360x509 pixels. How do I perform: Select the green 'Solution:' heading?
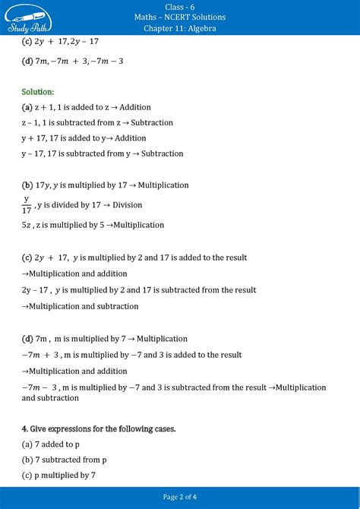pos(38,91)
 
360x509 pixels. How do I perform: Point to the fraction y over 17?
pos(27,205)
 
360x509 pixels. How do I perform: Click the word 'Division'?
pos(128,205)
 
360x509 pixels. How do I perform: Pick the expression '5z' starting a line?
pos(27,225)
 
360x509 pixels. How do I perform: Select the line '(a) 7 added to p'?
pos(51,444)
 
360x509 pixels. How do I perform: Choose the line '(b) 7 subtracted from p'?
pos(65,460)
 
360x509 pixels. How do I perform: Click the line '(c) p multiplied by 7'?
pos(59,476)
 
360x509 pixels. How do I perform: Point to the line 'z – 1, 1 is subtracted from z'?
pos(97,122)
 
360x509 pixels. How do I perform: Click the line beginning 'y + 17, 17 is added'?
pos(84,138)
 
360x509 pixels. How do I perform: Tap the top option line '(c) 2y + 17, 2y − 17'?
pos(61,41)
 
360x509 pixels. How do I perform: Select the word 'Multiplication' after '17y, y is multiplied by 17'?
pos(160,185)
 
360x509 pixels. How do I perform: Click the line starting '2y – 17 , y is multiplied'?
pos(139,289)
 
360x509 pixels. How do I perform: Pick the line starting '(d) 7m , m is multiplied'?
pos(104,339)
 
